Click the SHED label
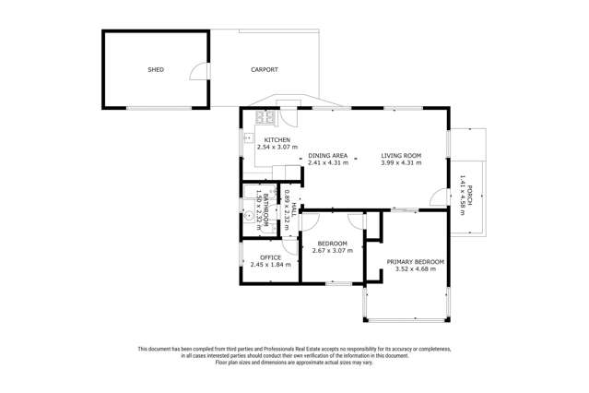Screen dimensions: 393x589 tap(156, 69)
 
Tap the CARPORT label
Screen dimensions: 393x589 tap(264, 69)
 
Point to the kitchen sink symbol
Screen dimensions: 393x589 tap(248, 138)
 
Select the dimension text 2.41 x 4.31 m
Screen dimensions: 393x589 tap(327, 162)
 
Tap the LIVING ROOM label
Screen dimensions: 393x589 tap(401, 155)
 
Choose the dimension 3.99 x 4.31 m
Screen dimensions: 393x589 tap(401, 162)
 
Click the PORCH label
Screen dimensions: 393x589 tap(469, 195)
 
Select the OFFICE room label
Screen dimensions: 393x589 tap(270, 257)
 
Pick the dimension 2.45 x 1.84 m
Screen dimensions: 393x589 tap(270, 265)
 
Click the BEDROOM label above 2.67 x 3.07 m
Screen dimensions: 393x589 tap(330, 244)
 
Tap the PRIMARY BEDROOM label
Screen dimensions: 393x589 tap(415, 262)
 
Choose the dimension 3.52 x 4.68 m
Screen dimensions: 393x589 tap(415, 269)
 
